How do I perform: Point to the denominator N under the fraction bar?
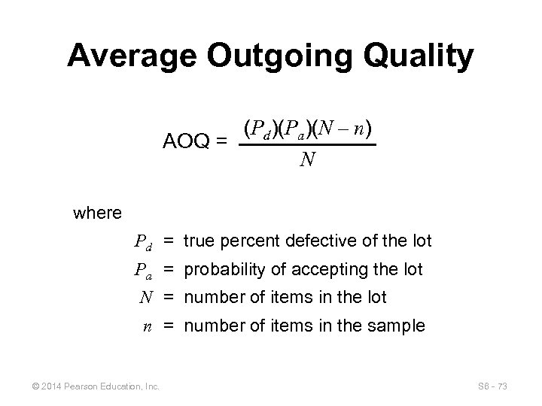[307, 159]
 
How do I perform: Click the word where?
[98, 213]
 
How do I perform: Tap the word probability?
[221, 269]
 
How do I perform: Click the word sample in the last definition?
[400, 326]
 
